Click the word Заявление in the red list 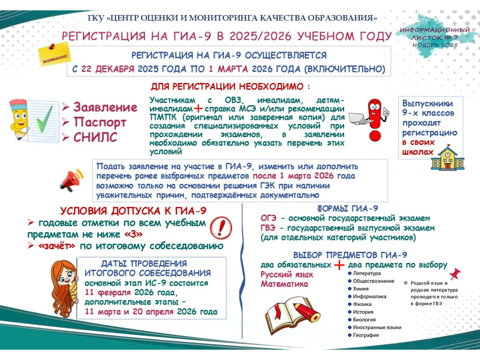(105, 107)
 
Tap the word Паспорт (100, 122)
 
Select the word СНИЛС (95, 137)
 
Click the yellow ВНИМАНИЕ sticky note (54, 55)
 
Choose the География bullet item (366, 335)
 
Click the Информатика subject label (369, 296)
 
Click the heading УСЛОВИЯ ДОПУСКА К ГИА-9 (133, 211)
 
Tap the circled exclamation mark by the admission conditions (221, 228)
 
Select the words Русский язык (280, 275)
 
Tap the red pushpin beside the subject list (453, 274)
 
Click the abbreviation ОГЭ (269, 218)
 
